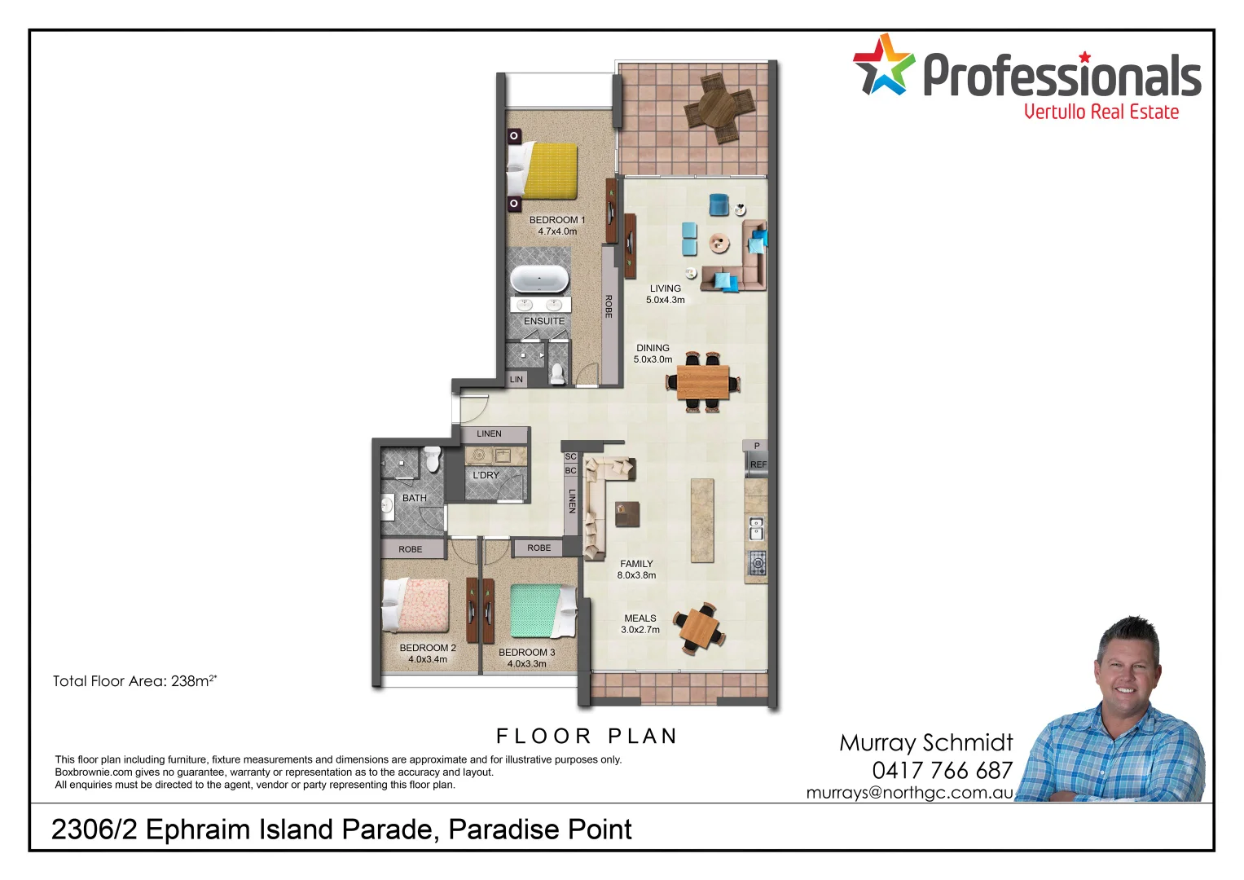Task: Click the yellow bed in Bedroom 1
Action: tap(547, 171)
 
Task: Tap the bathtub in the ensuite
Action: tap(539, 279)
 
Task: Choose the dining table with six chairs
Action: tap(703, 381)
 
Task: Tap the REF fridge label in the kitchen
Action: tap(758, 464)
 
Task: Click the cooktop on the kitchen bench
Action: tap(758, 562)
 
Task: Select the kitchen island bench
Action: tap(702, 520)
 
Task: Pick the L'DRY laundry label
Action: tap(486, 475)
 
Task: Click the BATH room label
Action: tap(415, 498)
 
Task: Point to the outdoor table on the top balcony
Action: tap(720, 108)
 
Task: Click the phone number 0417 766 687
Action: tap(943, 770)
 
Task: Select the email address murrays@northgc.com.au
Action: tap(909, 793)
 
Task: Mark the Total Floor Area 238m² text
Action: tap(134, 681)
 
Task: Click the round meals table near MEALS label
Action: tap(700, 628)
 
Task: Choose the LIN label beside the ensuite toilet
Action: tap(517, 380)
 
